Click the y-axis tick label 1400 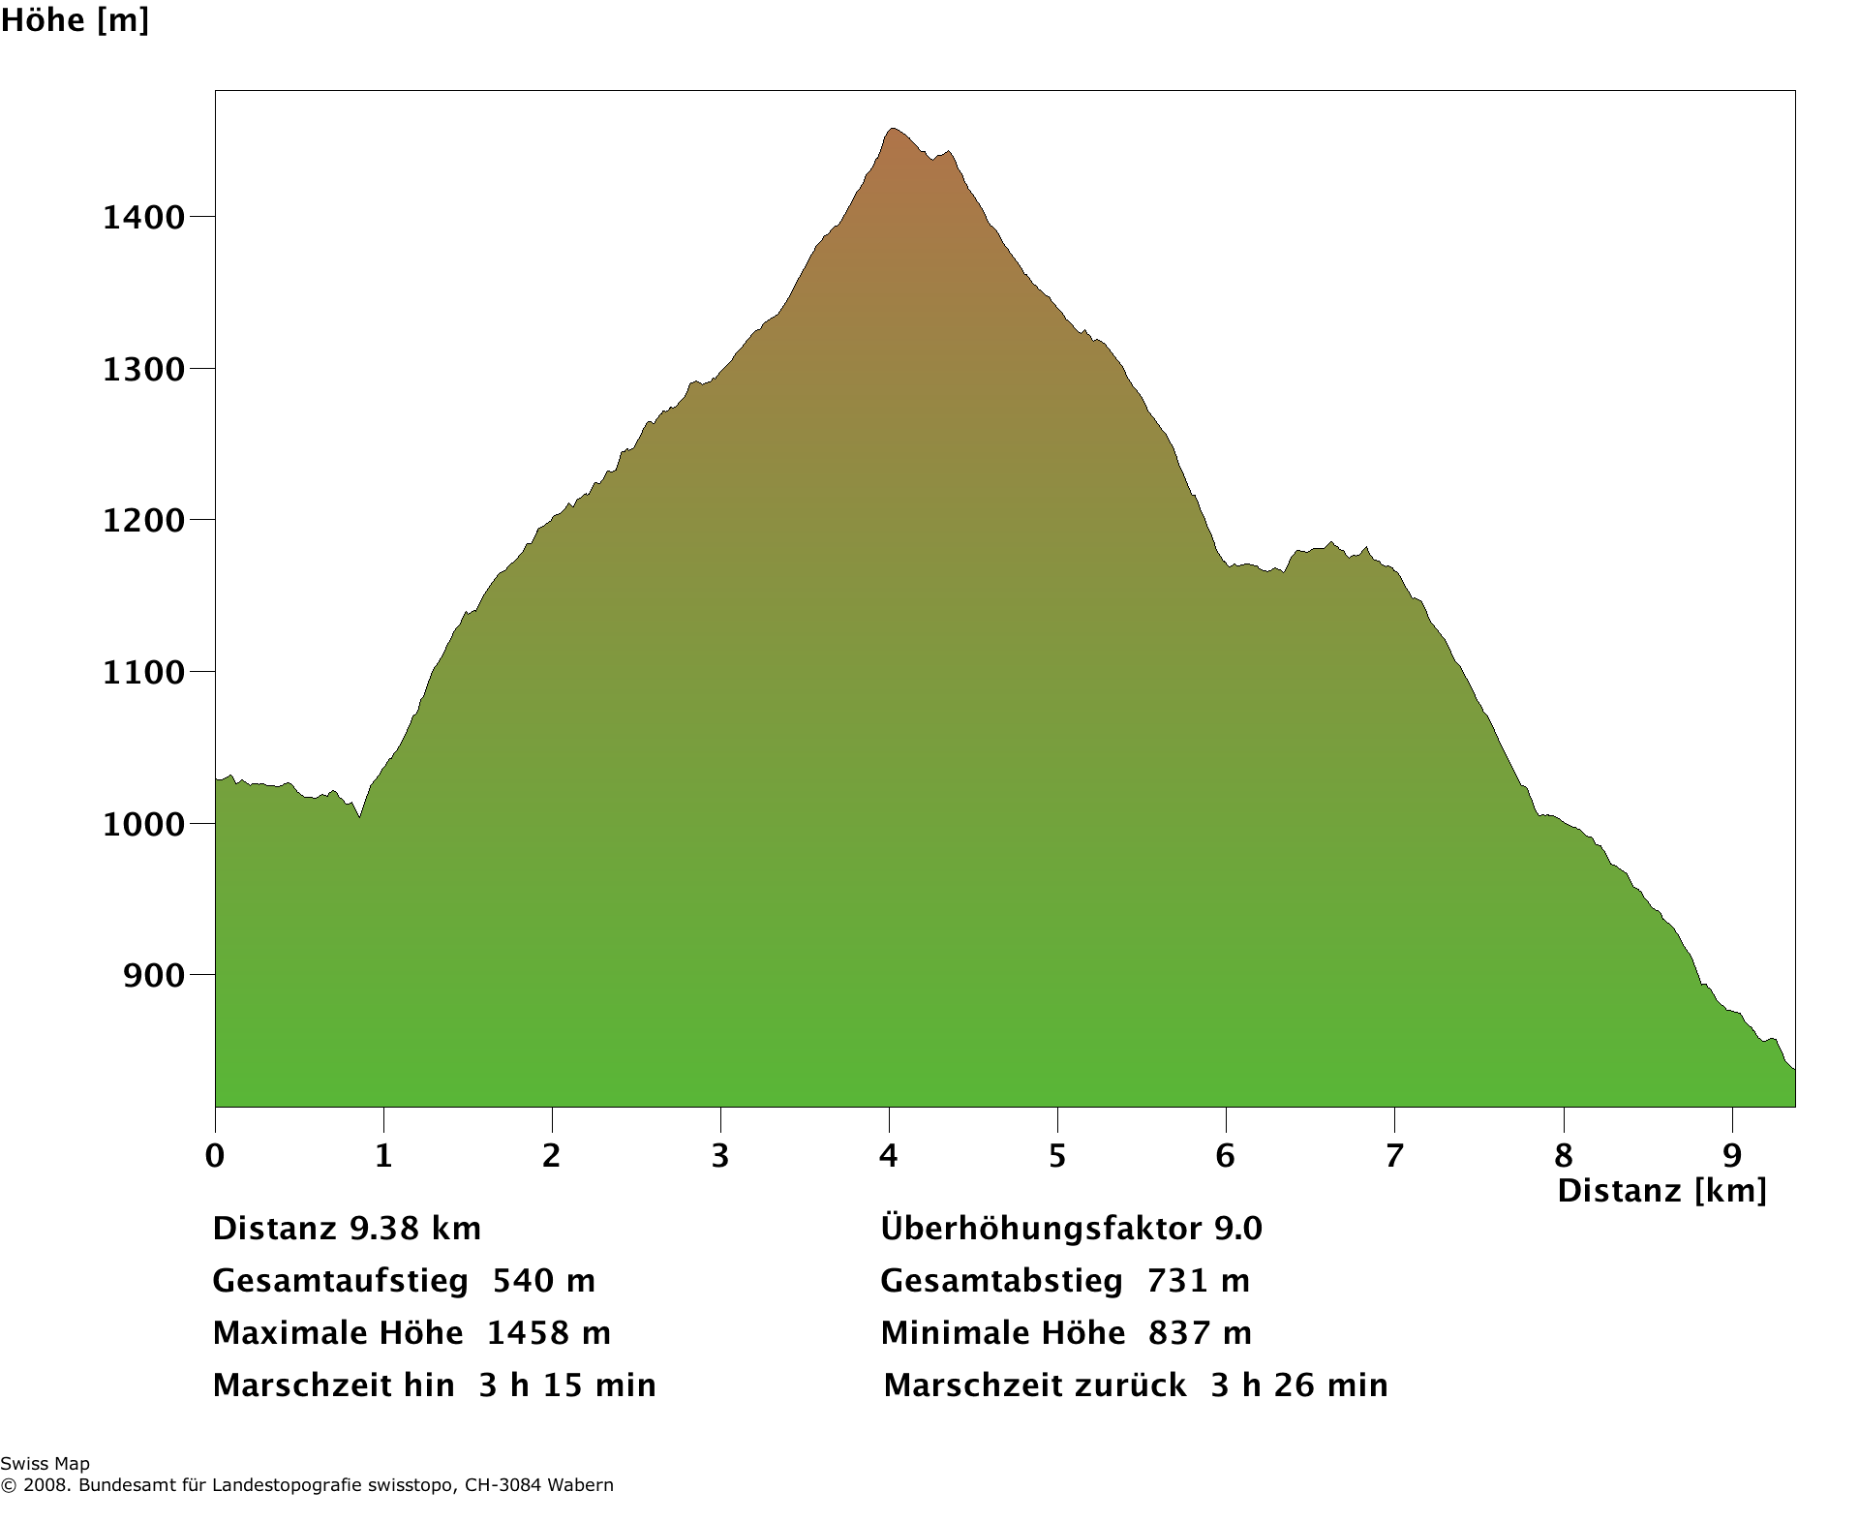point(143,217)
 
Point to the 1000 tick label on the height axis point(143,824)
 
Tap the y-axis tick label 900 point(153,975)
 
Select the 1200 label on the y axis point(143,521)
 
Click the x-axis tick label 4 point(888,1155)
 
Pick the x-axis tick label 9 point(1732,1155)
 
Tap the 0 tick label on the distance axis point(215,1155)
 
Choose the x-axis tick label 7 point(1394,1155)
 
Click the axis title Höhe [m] point(75,19)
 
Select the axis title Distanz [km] point(1661,1191)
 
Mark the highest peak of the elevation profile point(892,129)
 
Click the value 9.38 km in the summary point(415,1229)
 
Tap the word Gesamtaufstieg point(340,1281)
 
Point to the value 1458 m point(548,1333)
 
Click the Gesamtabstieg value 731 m point(1199,1281)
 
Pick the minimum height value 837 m point(1200,1333)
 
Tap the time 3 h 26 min point(1299,1385)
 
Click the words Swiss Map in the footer point(45,1464)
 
